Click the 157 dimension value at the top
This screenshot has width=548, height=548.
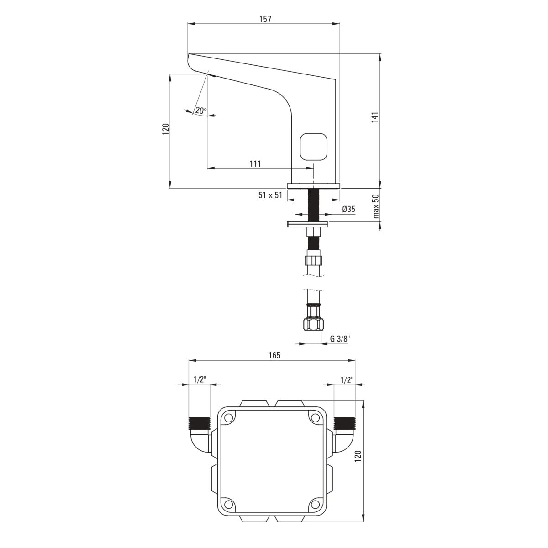click(265, 19)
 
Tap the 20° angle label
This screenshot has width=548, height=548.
click(201, 111)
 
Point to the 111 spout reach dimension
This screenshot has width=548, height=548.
click(255, 164)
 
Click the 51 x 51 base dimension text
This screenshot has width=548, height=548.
click(270, 195)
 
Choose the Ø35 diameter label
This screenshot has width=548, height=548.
click(348, 209)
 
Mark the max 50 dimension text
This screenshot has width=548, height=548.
click(376, 206)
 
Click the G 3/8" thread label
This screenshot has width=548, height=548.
click(340, 339)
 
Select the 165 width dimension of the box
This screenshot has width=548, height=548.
click(274, 355)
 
